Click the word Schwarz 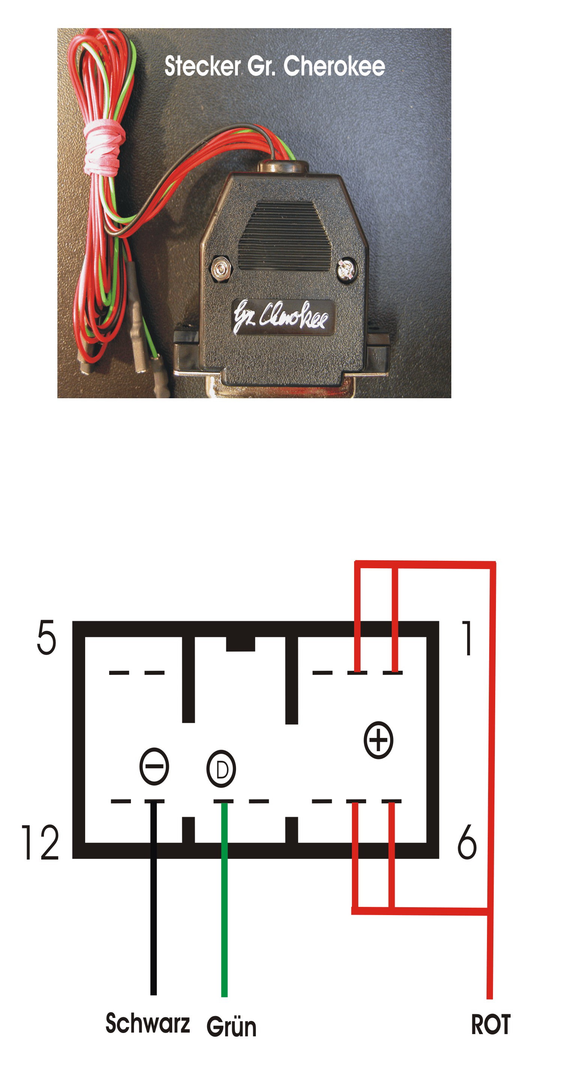click(148, 1023)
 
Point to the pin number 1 click(468, 638)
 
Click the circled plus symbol click(378, 740)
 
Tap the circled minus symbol click(154, 766)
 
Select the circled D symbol click(221, 769)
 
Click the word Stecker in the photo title click(202, 66)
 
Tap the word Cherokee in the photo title click(334, 66)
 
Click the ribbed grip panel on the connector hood click(284, 236)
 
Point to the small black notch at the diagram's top click(240, 644)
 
